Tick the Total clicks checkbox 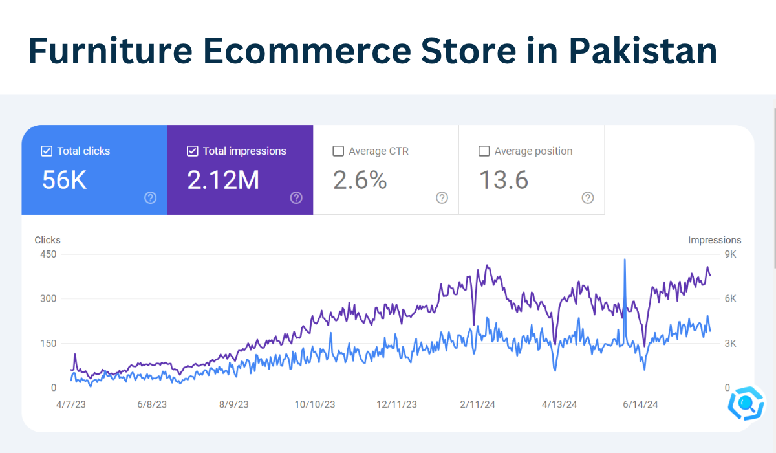coord(47,151)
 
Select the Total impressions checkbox coord(192,151)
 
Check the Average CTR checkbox coord(338,151)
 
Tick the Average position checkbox coord(484,151)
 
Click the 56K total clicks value coord(65,181)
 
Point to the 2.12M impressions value coord(223,181)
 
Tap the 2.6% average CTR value coord(360,181)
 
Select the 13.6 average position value coord(504,181)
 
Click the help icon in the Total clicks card coord(151,198)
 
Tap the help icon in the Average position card coord(588,198)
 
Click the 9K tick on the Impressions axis coord(730,254)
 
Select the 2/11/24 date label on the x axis coord(478,404)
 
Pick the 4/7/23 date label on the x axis coord(71,404)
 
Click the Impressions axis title coord(715,240)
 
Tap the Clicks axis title coord(47,240)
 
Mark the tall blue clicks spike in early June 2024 coord(625,262)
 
